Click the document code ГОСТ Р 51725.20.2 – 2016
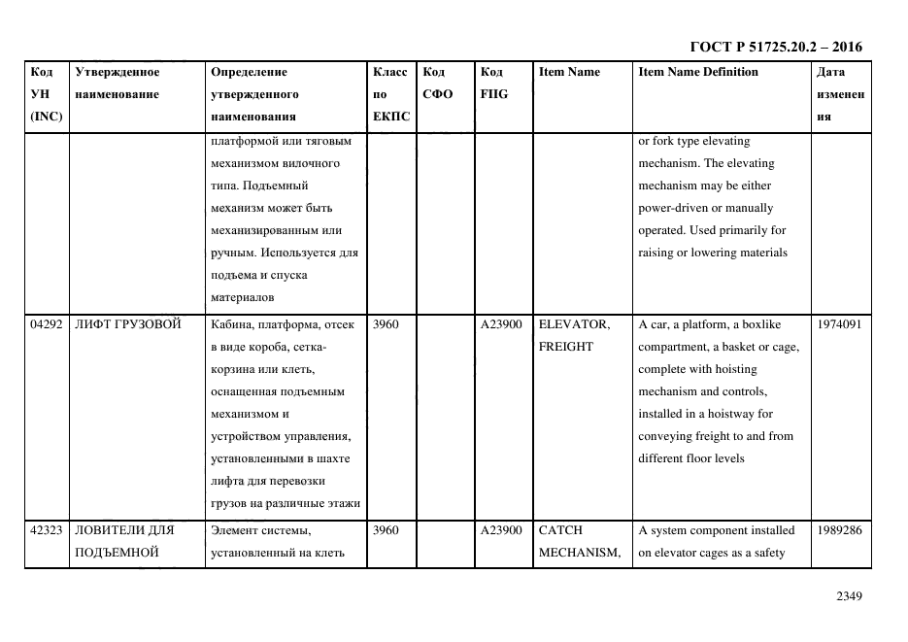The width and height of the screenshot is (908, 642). click(775, 47)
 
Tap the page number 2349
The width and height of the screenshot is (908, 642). click(849, 596)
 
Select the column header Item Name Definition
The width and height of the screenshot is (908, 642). click(697, 72)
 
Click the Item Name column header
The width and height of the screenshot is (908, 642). click(569, 72)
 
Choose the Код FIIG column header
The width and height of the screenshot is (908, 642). click(493, 83)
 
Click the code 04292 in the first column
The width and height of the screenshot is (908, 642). click(47, 324)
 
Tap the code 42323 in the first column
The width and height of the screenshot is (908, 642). click(47, 530)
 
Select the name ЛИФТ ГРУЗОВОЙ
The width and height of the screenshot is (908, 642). click(128, 324)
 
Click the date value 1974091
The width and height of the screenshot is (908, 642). click(839, 324)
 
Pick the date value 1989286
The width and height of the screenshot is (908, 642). click(839, 530)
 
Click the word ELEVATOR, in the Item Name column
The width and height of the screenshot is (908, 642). click(574, 324)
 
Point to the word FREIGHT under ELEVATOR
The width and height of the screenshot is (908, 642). click(565, 347)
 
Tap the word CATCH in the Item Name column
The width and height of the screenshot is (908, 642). click(559, 530)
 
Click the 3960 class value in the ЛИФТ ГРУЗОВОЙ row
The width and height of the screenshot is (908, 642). click(386, 324)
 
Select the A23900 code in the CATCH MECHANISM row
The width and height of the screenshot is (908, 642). click(501, 530)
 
